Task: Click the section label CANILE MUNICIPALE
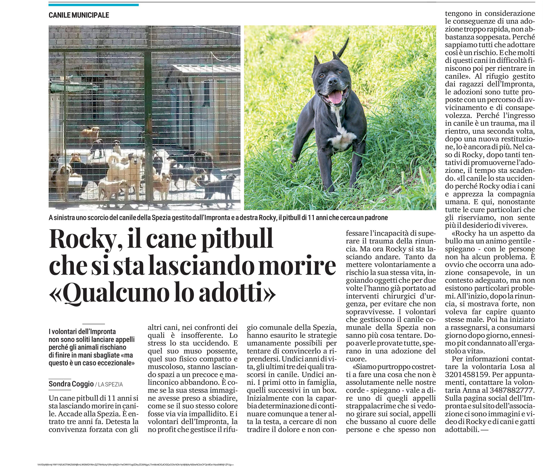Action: point(79,15)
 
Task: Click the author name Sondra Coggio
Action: point(71,384)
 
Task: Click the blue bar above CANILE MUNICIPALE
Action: point(94,5)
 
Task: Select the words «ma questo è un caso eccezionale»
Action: point(91,359)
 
